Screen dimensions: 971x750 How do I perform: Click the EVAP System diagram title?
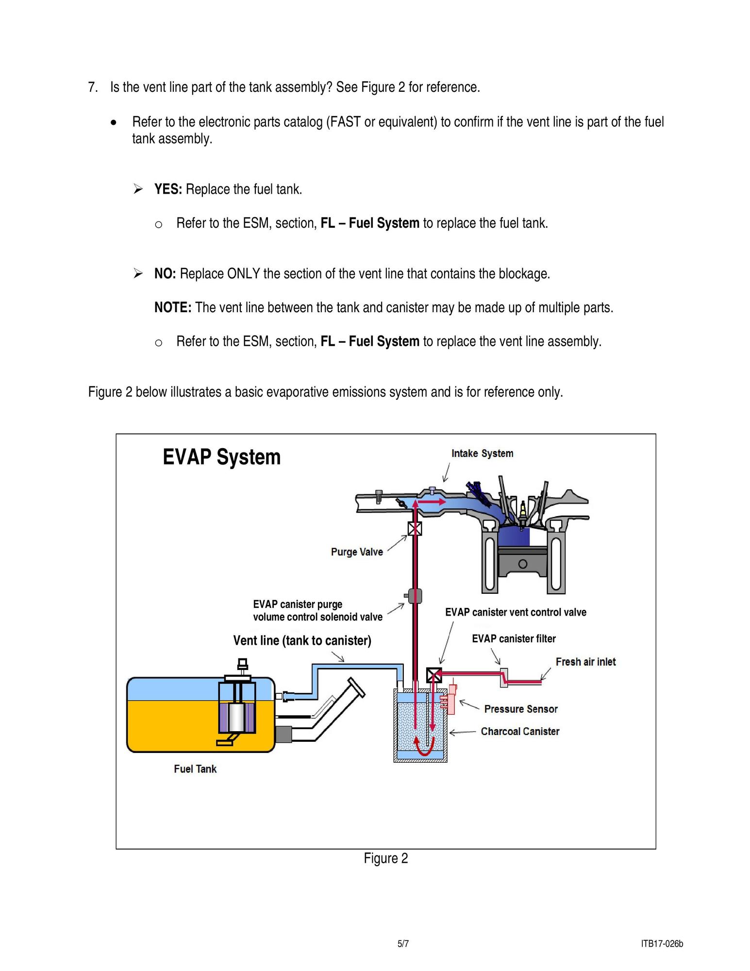[221, 457]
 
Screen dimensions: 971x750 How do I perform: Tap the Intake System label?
[482, 453]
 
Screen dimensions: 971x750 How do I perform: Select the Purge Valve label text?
[357, 552]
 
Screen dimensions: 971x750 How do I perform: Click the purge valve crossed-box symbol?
[415, 528]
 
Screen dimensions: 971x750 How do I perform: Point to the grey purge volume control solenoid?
[415, 596]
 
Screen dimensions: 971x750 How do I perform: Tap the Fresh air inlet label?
[585, 662]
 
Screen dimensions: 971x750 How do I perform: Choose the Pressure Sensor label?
[521, 709]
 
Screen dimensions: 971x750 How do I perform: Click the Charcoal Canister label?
[520, 732]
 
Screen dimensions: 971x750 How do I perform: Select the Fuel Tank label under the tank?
[195, 769]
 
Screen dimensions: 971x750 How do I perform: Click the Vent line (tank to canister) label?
[302, 641]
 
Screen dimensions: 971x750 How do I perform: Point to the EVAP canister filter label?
[514, 639]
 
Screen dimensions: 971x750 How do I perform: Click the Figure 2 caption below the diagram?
[386, 858]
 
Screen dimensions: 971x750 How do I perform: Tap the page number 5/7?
[403, 944]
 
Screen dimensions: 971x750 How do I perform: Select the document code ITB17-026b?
[662, 944]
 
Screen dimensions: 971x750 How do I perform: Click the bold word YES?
[168, 189]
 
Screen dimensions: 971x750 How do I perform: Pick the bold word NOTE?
[173, 308]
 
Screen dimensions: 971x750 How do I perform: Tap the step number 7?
[93, 87]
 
